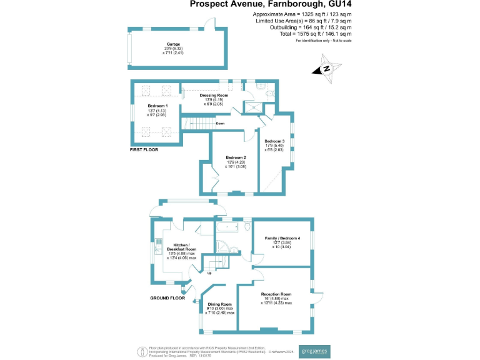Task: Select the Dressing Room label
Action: tap(214, 96)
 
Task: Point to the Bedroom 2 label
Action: tap(234, 157)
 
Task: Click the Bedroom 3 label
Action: tap(274, 141)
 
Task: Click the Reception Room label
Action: tap(276, 294)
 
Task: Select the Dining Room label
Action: tap(219, 304)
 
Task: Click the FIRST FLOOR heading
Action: tap(144, 150)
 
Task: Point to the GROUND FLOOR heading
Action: tap(167, 298)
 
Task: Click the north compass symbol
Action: tap(327, 70)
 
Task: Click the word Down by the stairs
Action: tap(220, 124)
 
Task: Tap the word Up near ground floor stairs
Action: tap(209, 273)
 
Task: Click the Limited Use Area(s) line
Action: tap(302, 20)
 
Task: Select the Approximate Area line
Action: tap(302, 13)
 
